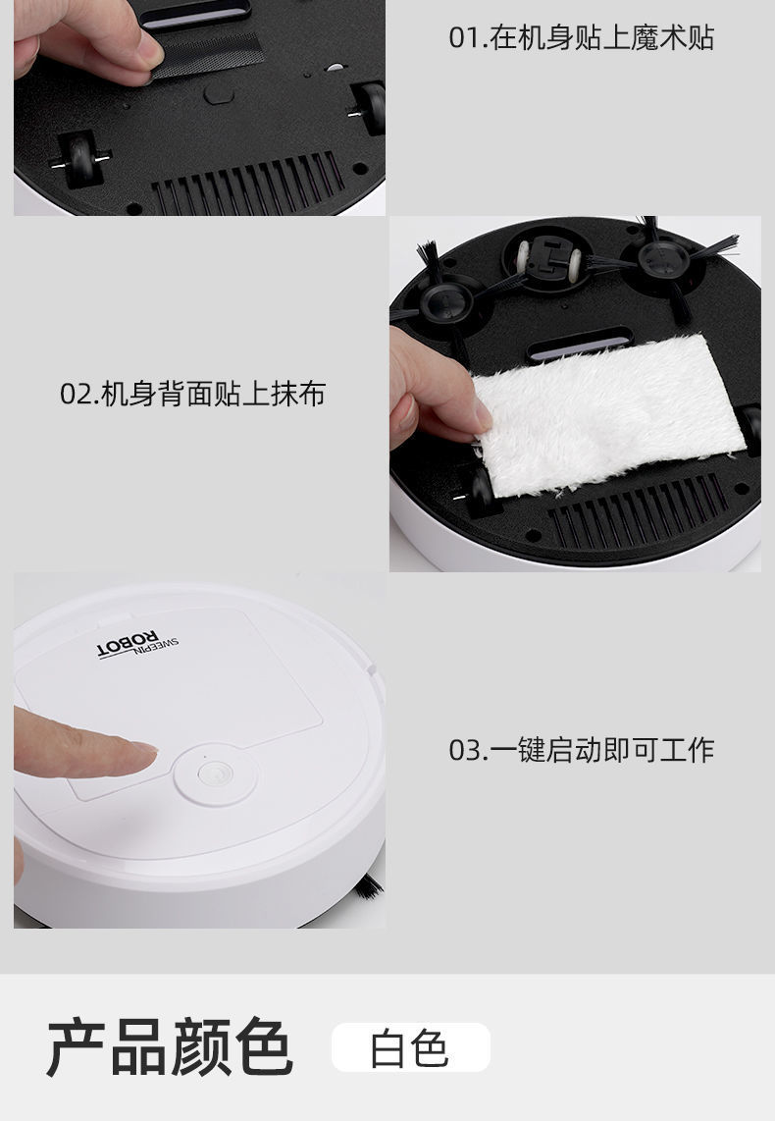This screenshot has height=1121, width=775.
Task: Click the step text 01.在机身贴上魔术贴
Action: [x=581, y=38]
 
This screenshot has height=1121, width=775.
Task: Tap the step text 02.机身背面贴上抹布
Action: [x=192, y=395]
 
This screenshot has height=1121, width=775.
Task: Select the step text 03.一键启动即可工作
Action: [x=581, y=750]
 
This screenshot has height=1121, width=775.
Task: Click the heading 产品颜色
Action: [x=169, y=1047]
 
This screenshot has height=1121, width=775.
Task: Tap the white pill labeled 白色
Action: [x=410, y=1047]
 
